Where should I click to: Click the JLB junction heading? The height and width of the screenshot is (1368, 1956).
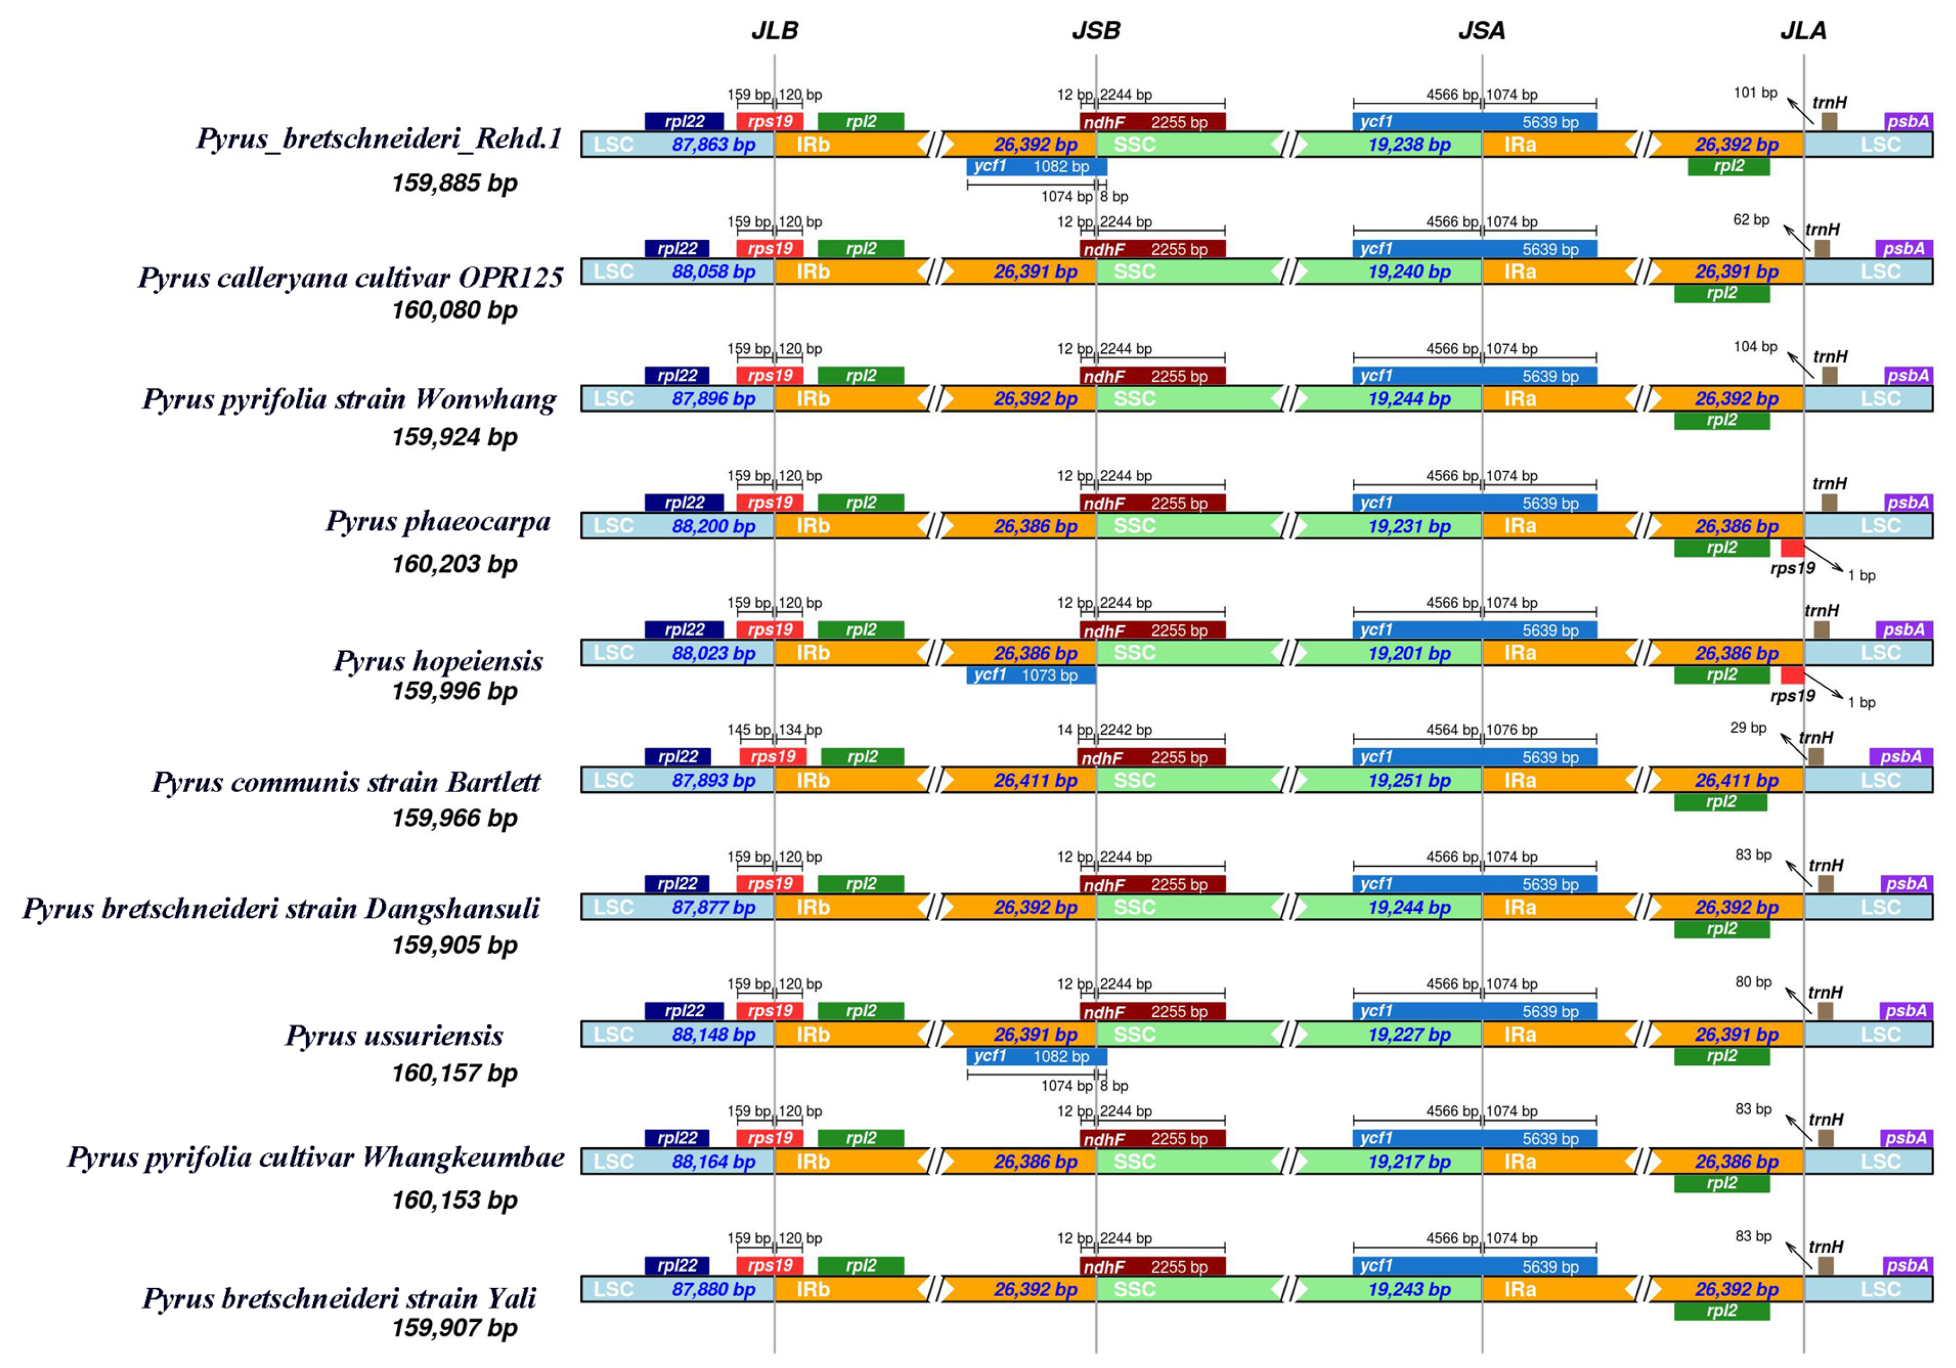pos(774,30)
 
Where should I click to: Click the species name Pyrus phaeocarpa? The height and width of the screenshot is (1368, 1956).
pos(438,521)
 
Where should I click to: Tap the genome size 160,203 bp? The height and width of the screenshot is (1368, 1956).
pos(454,564)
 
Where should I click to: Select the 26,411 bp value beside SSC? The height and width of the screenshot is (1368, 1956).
pos(1035,780)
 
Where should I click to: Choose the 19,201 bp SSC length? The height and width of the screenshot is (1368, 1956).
pos(1409,654)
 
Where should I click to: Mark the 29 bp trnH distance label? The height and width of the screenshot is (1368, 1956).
pos(1748,727)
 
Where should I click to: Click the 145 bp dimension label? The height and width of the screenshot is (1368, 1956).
pos(748,730)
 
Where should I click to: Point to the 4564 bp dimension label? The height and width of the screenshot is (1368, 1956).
pos(1452,730)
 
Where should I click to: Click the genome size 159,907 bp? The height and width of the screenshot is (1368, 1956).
pos(454,1327)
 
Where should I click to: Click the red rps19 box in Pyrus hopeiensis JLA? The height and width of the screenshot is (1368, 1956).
pos(1792,675)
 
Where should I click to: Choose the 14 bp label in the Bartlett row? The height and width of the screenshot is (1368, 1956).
pos(1075,730)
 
